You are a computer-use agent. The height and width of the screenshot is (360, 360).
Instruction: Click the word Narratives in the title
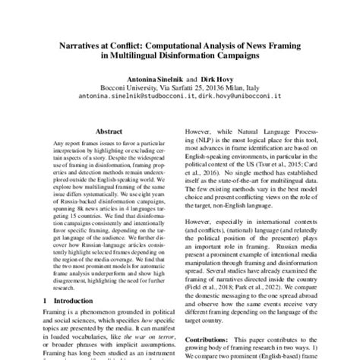[84, 45]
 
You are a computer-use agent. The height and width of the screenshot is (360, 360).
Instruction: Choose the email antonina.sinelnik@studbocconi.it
[131, 98]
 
